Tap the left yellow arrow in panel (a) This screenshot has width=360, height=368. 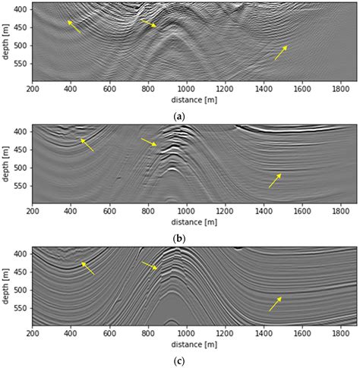click(74, 27)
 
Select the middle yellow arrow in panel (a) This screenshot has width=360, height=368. click(148, 24)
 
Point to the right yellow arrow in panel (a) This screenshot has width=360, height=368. click(281, 52)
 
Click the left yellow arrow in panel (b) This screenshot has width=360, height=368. click(87, 144)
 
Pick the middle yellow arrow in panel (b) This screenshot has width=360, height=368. click(149, 142)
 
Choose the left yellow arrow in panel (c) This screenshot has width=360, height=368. click(88, 268)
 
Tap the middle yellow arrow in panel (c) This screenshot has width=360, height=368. click(149, 266)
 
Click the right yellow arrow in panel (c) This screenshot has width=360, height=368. click(275, 304)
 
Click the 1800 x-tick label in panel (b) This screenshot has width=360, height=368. click(341, 211)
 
